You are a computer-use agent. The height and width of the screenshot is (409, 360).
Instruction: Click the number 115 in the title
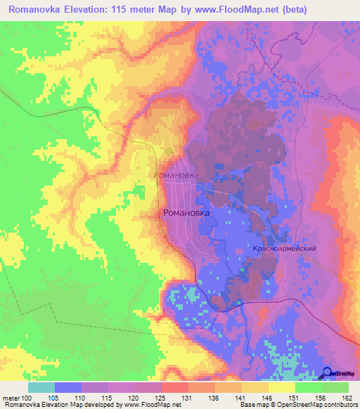134,8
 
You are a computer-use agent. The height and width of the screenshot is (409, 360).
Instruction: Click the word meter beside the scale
11,397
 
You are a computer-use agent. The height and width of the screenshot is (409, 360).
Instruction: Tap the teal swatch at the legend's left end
41,387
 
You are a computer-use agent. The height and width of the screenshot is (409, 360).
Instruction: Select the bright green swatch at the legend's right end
335,387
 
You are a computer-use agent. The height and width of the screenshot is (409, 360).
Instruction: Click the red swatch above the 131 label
175,387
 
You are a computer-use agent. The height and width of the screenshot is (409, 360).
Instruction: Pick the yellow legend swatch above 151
281,387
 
